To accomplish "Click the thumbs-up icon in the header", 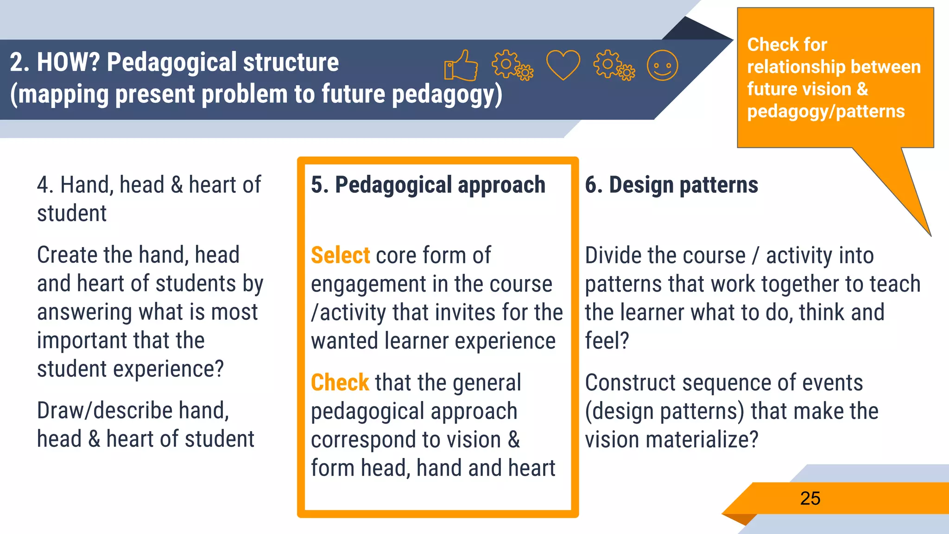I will (x=461, y=65).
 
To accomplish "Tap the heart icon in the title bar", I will (x=563, y=65).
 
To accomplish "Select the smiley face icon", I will (x=662, y=65).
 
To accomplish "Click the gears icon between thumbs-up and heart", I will (x=512, y=65).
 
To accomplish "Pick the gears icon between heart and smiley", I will (x=614, y=65).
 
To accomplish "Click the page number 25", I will (x=810, y=498).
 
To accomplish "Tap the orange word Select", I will (x=340, y=255).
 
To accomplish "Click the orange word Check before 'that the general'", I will (x=340, y=383).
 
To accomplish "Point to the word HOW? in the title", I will (x=69, y=62).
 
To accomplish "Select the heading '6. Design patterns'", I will (x=671, y=185).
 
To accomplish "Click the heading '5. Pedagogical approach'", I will (x=428, y=185).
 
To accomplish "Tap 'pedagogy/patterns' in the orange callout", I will (x=826, y=112).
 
